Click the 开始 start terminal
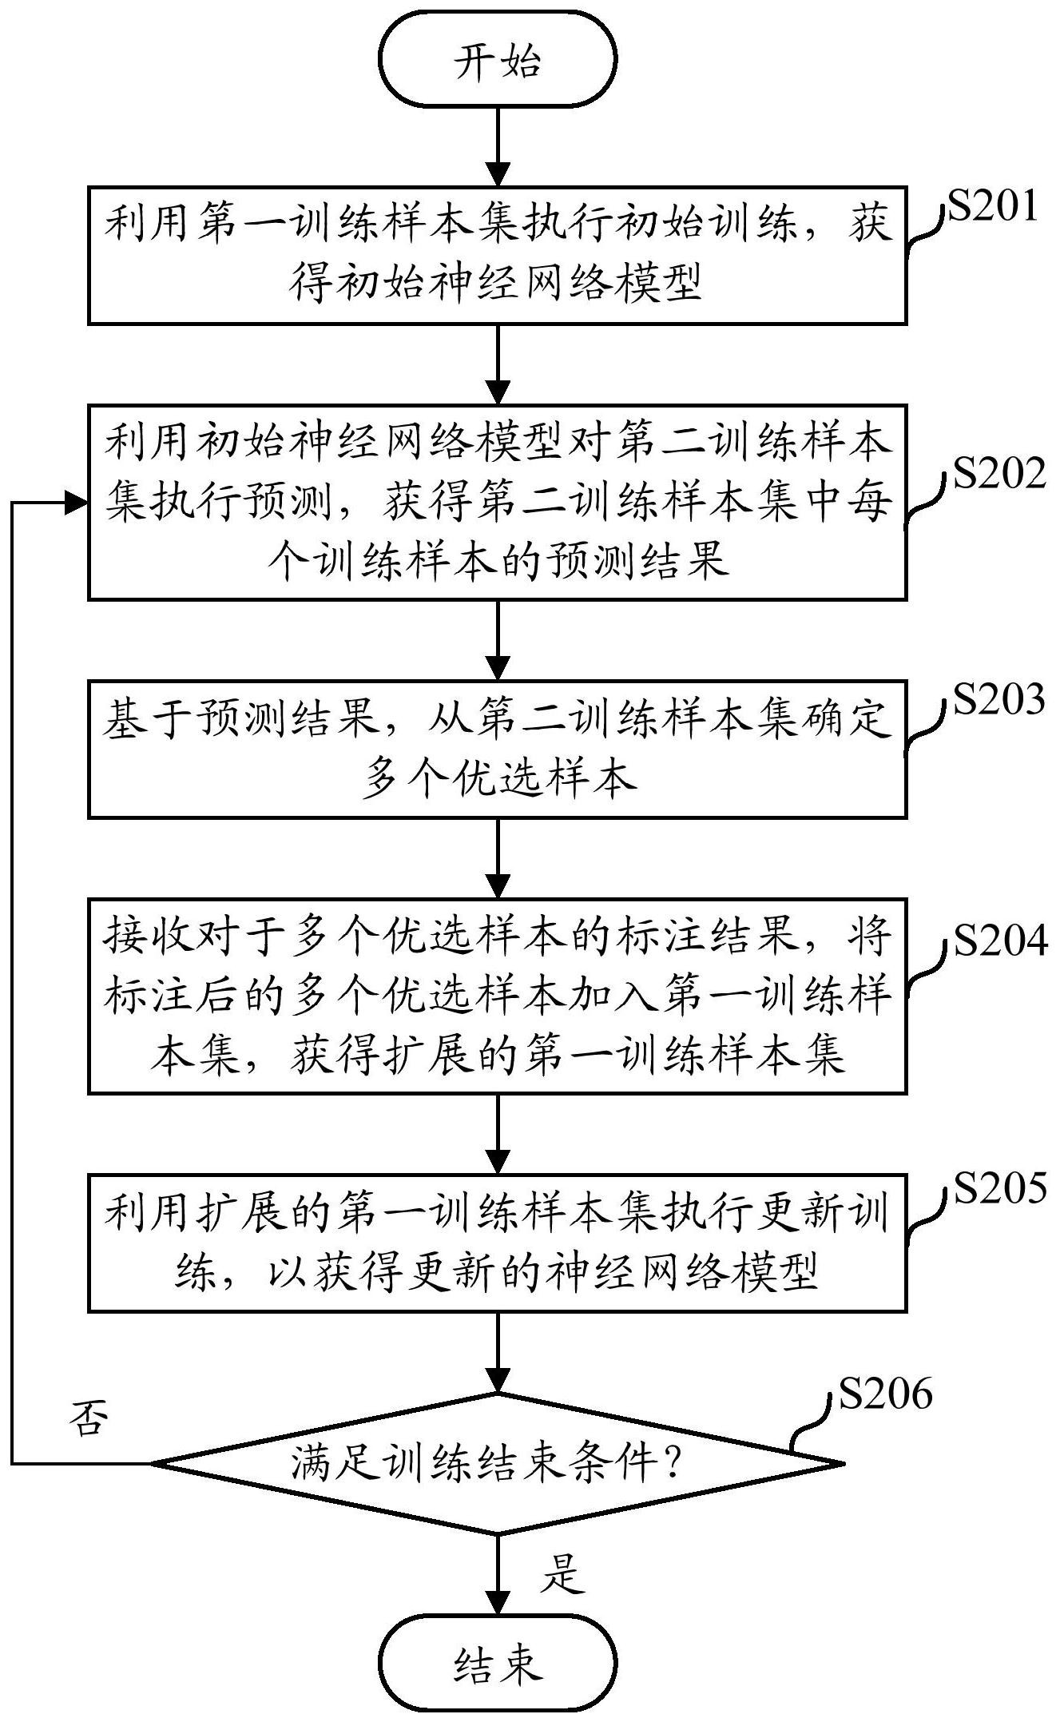click(497, 61)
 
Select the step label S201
click(992, 206)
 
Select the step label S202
click(998, 474)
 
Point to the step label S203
click(998, 699)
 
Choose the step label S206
click(885, 1393)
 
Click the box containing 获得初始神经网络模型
click(497, 256)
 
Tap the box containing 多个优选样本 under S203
click(497, 749)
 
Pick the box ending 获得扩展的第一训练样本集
click(497, 996)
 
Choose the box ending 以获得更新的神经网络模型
click(497, 1243)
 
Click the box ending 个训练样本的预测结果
click(497, 502)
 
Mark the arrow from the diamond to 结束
click(497, 1574)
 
